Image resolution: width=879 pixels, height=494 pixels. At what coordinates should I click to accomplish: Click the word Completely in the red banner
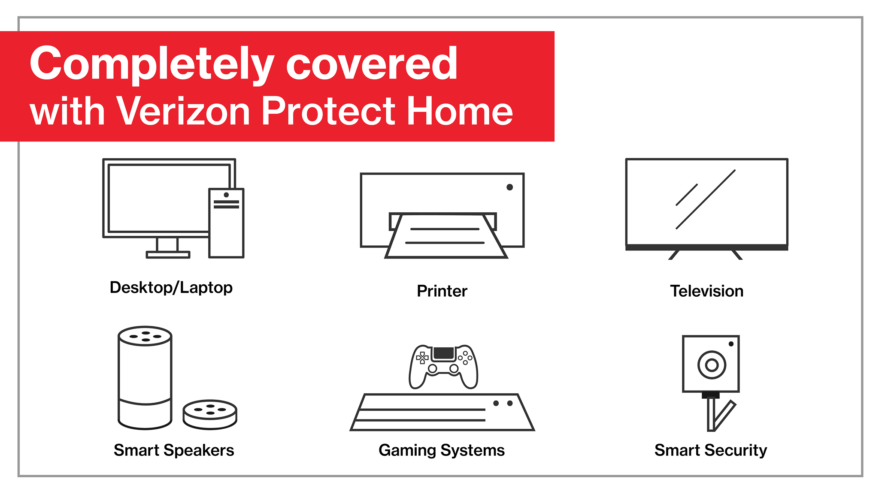pos(152,64)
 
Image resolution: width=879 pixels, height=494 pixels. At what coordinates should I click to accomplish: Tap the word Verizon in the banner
pos(183,111)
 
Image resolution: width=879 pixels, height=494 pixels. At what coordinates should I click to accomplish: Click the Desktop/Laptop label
pos(171,287)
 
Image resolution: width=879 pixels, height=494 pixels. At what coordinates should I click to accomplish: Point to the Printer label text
pos(442,291)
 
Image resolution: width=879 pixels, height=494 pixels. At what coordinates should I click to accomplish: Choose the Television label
pos(707,291)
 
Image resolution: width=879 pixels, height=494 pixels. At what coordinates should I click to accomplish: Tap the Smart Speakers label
pos(174,450)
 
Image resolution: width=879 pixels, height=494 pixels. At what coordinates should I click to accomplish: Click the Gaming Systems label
pos(442,450)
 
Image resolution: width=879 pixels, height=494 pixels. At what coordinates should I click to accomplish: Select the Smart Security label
pos(711,450)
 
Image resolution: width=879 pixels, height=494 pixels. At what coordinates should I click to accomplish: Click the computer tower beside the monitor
pos(226,223)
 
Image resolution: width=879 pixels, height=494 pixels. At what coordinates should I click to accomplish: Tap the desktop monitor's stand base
pos(168,255)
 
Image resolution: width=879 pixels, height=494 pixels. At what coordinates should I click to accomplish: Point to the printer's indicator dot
pos(509,187)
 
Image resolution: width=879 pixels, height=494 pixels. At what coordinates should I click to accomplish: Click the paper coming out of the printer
pos(446,236)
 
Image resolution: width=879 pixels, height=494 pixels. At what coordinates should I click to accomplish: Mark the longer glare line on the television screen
pos(706,199)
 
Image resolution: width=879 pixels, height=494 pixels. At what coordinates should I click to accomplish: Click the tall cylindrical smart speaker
pos(145,378)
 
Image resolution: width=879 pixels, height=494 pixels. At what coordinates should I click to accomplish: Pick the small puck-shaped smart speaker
pos(210,414)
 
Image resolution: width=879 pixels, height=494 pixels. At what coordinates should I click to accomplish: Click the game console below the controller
pos(443,412)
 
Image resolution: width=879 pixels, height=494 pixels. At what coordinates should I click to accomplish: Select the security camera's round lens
pos(712,365)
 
